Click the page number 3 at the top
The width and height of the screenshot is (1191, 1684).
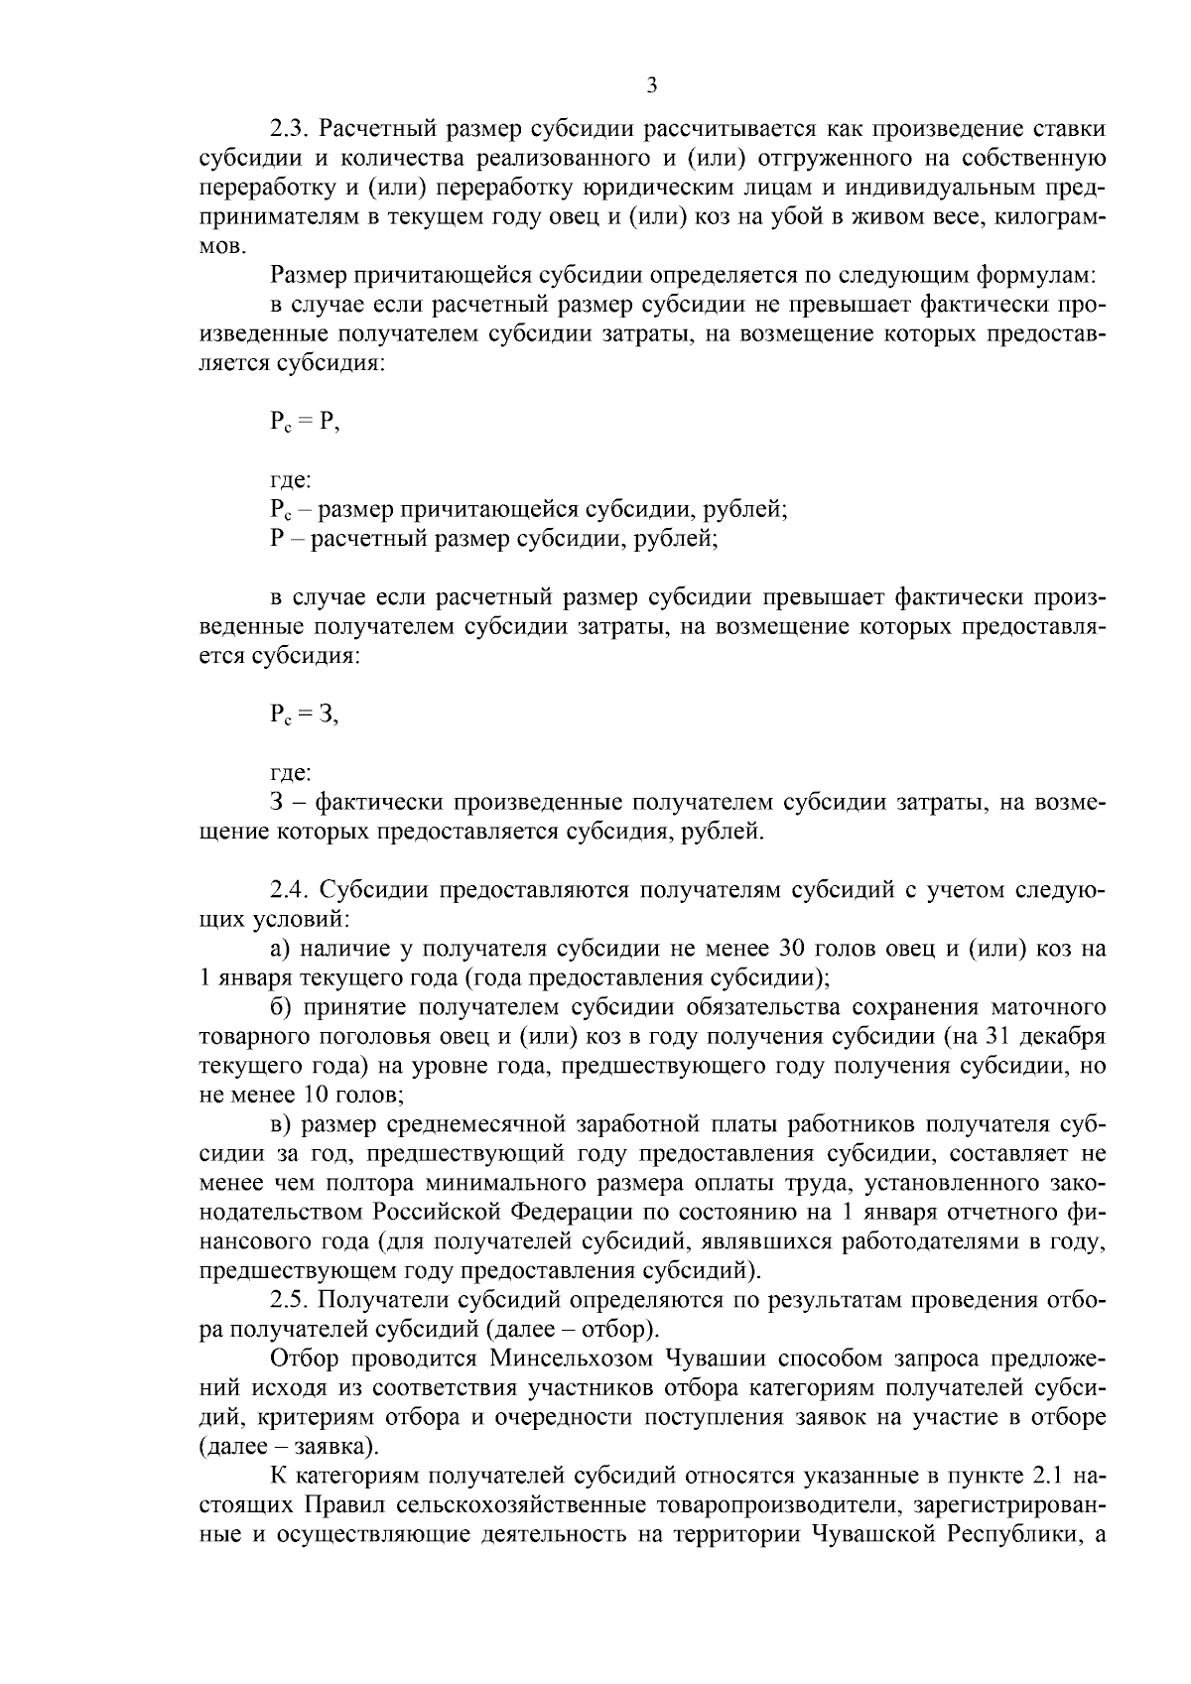[651, 86]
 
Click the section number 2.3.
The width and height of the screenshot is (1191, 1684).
[289, 129]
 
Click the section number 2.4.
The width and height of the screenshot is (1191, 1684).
[289, 889]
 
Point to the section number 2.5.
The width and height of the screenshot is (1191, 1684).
[289, 1300]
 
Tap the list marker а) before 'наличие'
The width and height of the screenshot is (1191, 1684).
[280, 949]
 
